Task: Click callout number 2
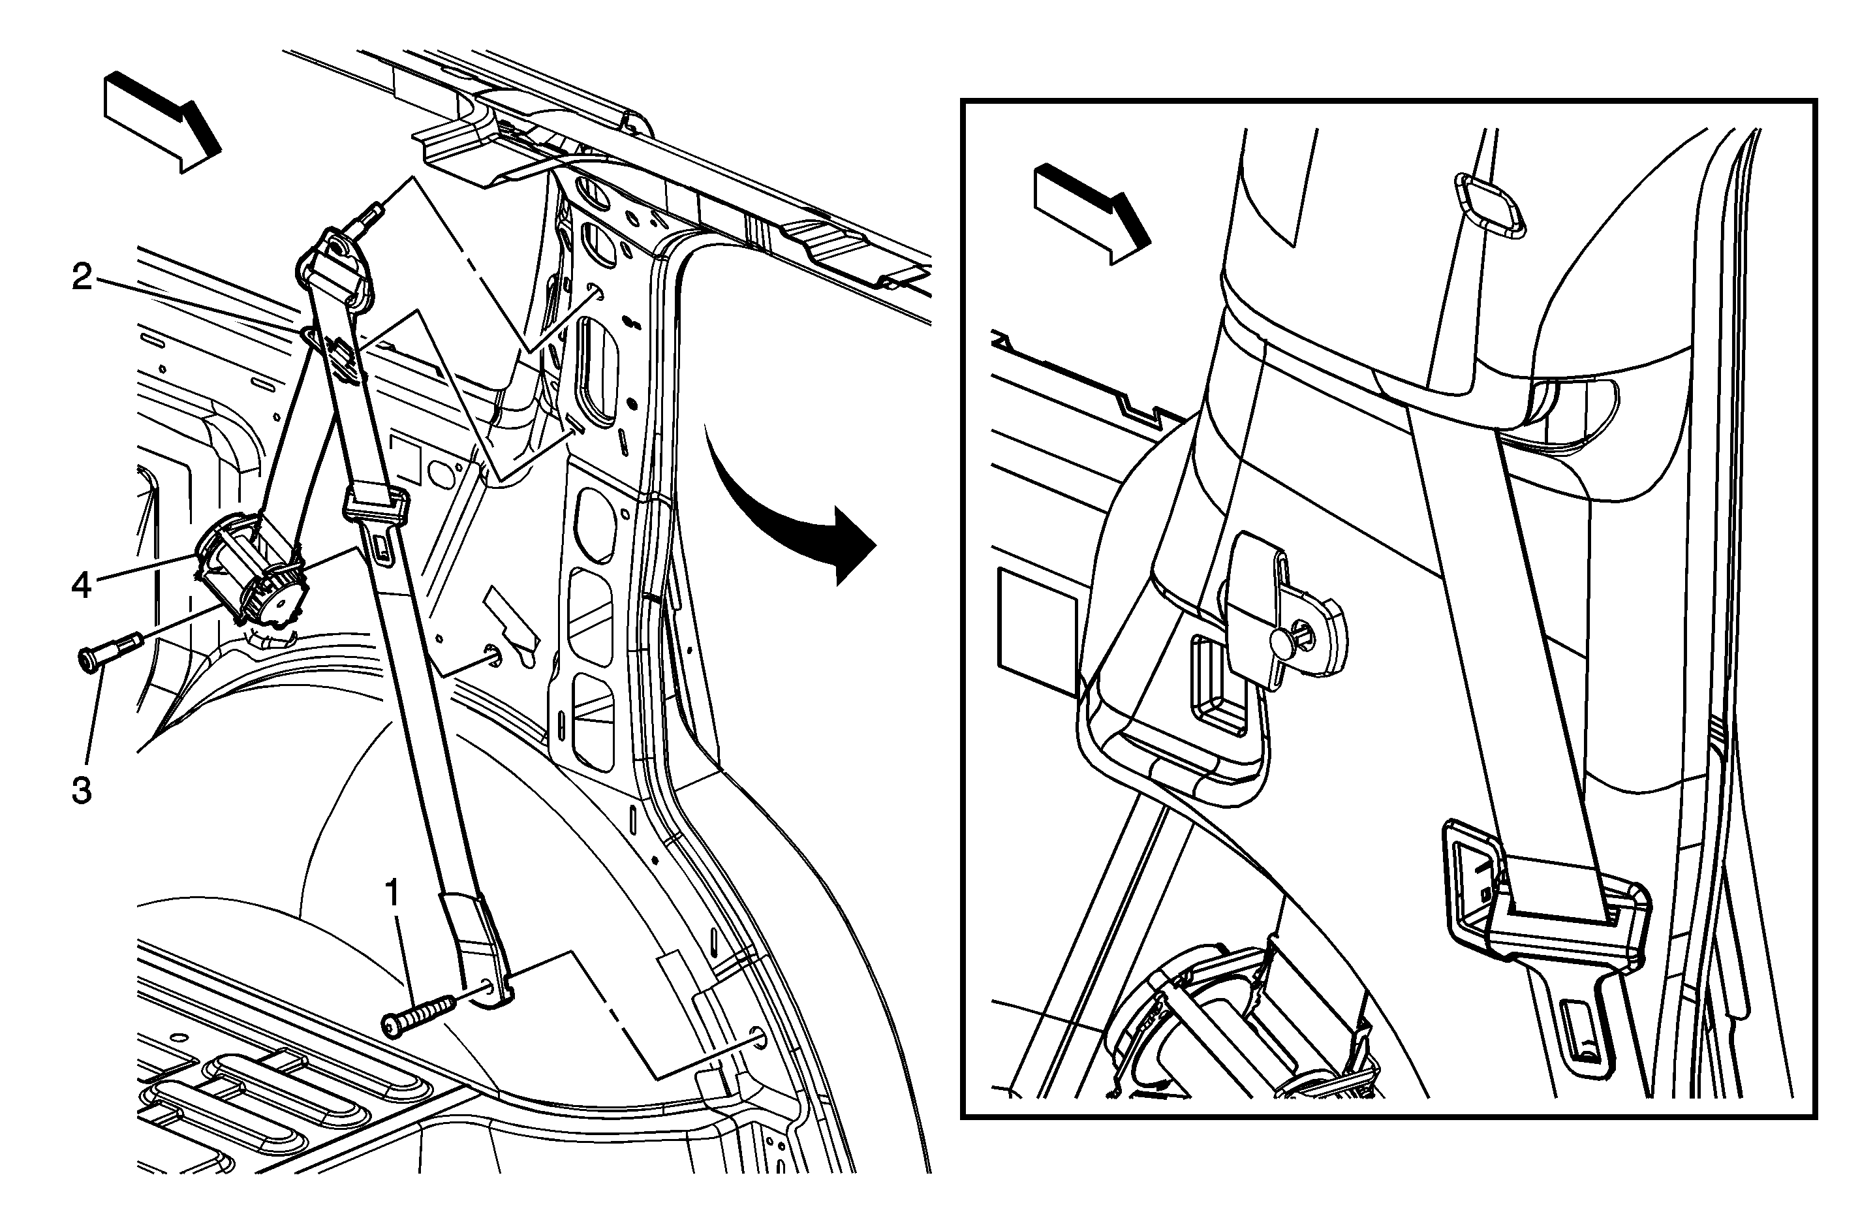click(x=82, y=277)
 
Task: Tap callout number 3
click(x=82, y=790)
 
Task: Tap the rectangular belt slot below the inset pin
click(x=1219, y=688)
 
